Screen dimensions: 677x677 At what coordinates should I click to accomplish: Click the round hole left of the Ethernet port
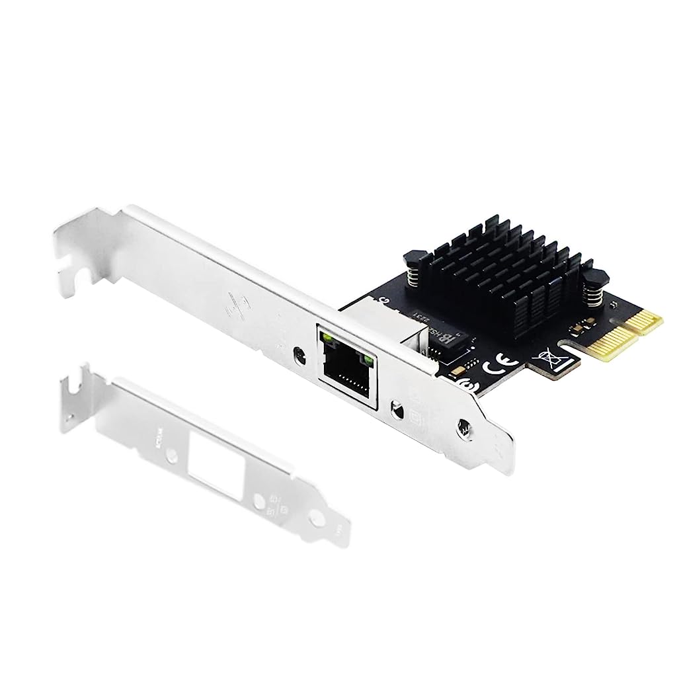301,354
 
